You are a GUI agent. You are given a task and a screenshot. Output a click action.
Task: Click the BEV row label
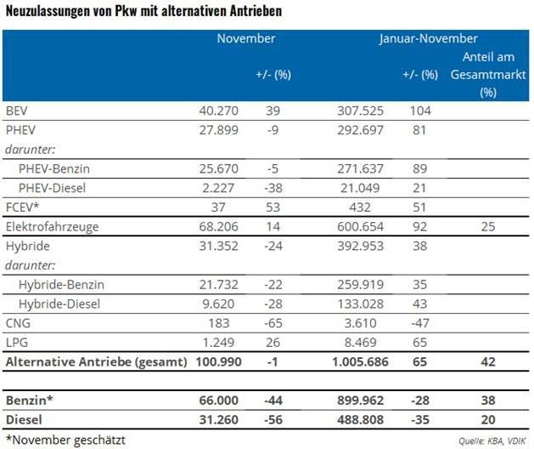point(17,111)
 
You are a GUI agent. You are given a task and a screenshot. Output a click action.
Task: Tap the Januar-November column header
point(427,39)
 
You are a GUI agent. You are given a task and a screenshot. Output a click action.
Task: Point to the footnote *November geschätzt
point(65,439)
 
